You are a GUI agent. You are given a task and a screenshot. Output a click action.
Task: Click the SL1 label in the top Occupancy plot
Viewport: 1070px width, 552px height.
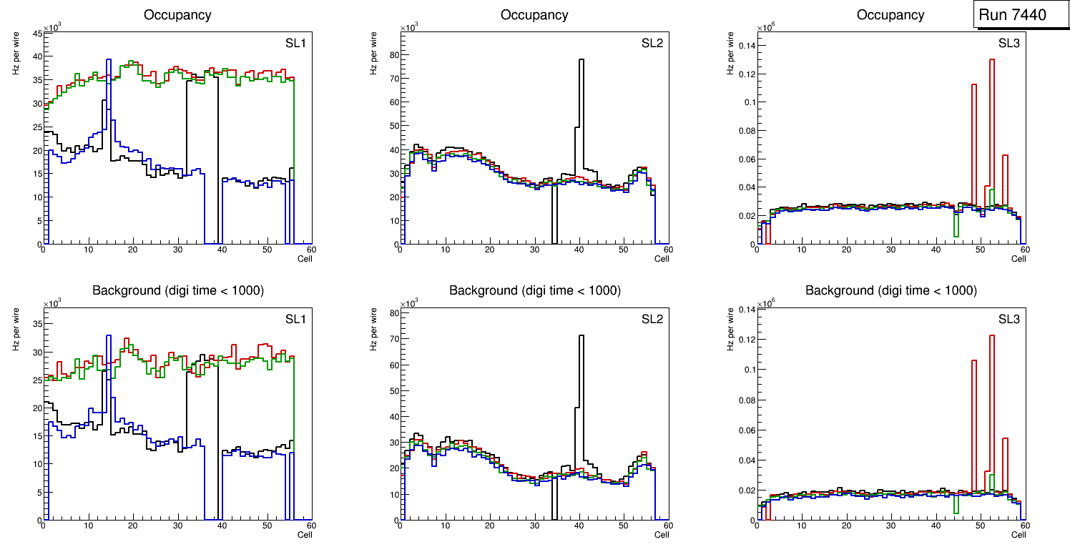click(296, 44)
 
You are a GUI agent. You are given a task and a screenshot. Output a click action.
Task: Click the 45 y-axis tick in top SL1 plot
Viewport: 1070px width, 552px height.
click(36, 32)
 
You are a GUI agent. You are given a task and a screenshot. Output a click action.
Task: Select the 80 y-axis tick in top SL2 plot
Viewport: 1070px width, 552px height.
click(392, 56)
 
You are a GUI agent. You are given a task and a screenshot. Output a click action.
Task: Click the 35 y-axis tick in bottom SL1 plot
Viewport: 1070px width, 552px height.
click(36, 324)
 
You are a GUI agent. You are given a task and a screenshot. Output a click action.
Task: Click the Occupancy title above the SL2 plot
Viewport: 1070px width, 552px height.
click(534, 15)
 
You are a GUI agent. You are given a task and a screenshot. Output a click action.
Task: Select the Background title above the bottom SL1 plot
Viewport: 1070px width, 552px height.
click(177, 290)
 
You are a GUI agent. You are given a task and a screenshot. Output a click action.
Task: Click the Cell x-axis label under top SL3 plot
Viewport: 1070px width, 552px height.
click(1019, 259)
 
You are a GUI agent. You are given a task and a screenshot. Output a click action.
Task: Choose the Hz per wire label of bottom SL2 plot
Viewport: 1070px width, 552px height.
click(370, 330)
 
